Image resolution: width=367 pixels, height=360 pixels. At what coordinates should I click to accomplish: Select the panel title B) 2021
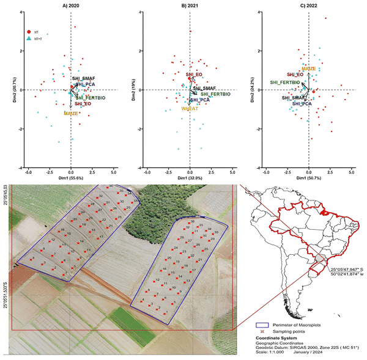[190, 6]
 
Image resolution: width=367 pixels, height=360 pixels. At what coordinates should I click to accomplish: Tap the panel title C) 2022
[308, 6]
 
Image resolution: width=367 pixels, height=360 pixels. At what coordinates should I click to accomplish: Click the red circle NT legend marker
[29, 31]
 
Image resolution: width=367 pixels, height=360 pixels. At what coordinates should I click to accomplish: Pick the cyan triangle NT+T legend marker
[29, 38]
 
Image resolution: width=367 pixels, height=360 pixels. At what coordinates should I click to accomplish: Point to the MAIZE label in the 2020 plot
[72, 114]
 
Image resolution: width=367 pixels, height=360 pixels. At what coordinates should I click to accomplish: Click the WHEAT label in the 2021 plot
[190, 108]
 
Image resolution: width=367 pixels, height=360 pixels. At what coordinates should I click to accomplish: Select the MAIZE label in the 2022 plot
[308, 68]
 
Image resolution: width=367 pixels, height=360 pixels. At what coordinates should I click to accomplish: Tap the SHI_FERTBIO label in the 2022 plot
[285, 82]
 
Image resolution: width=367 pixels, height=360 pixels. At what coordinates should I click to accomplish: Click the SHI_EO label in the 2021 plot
[194, 75]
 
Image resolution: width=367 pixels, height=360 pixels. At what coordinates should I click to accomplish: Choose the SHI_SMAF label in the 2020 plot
[83, 79]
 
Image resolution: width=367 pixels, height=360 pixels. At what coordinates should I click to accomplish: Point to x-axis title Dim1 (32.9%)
[190, 177]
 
